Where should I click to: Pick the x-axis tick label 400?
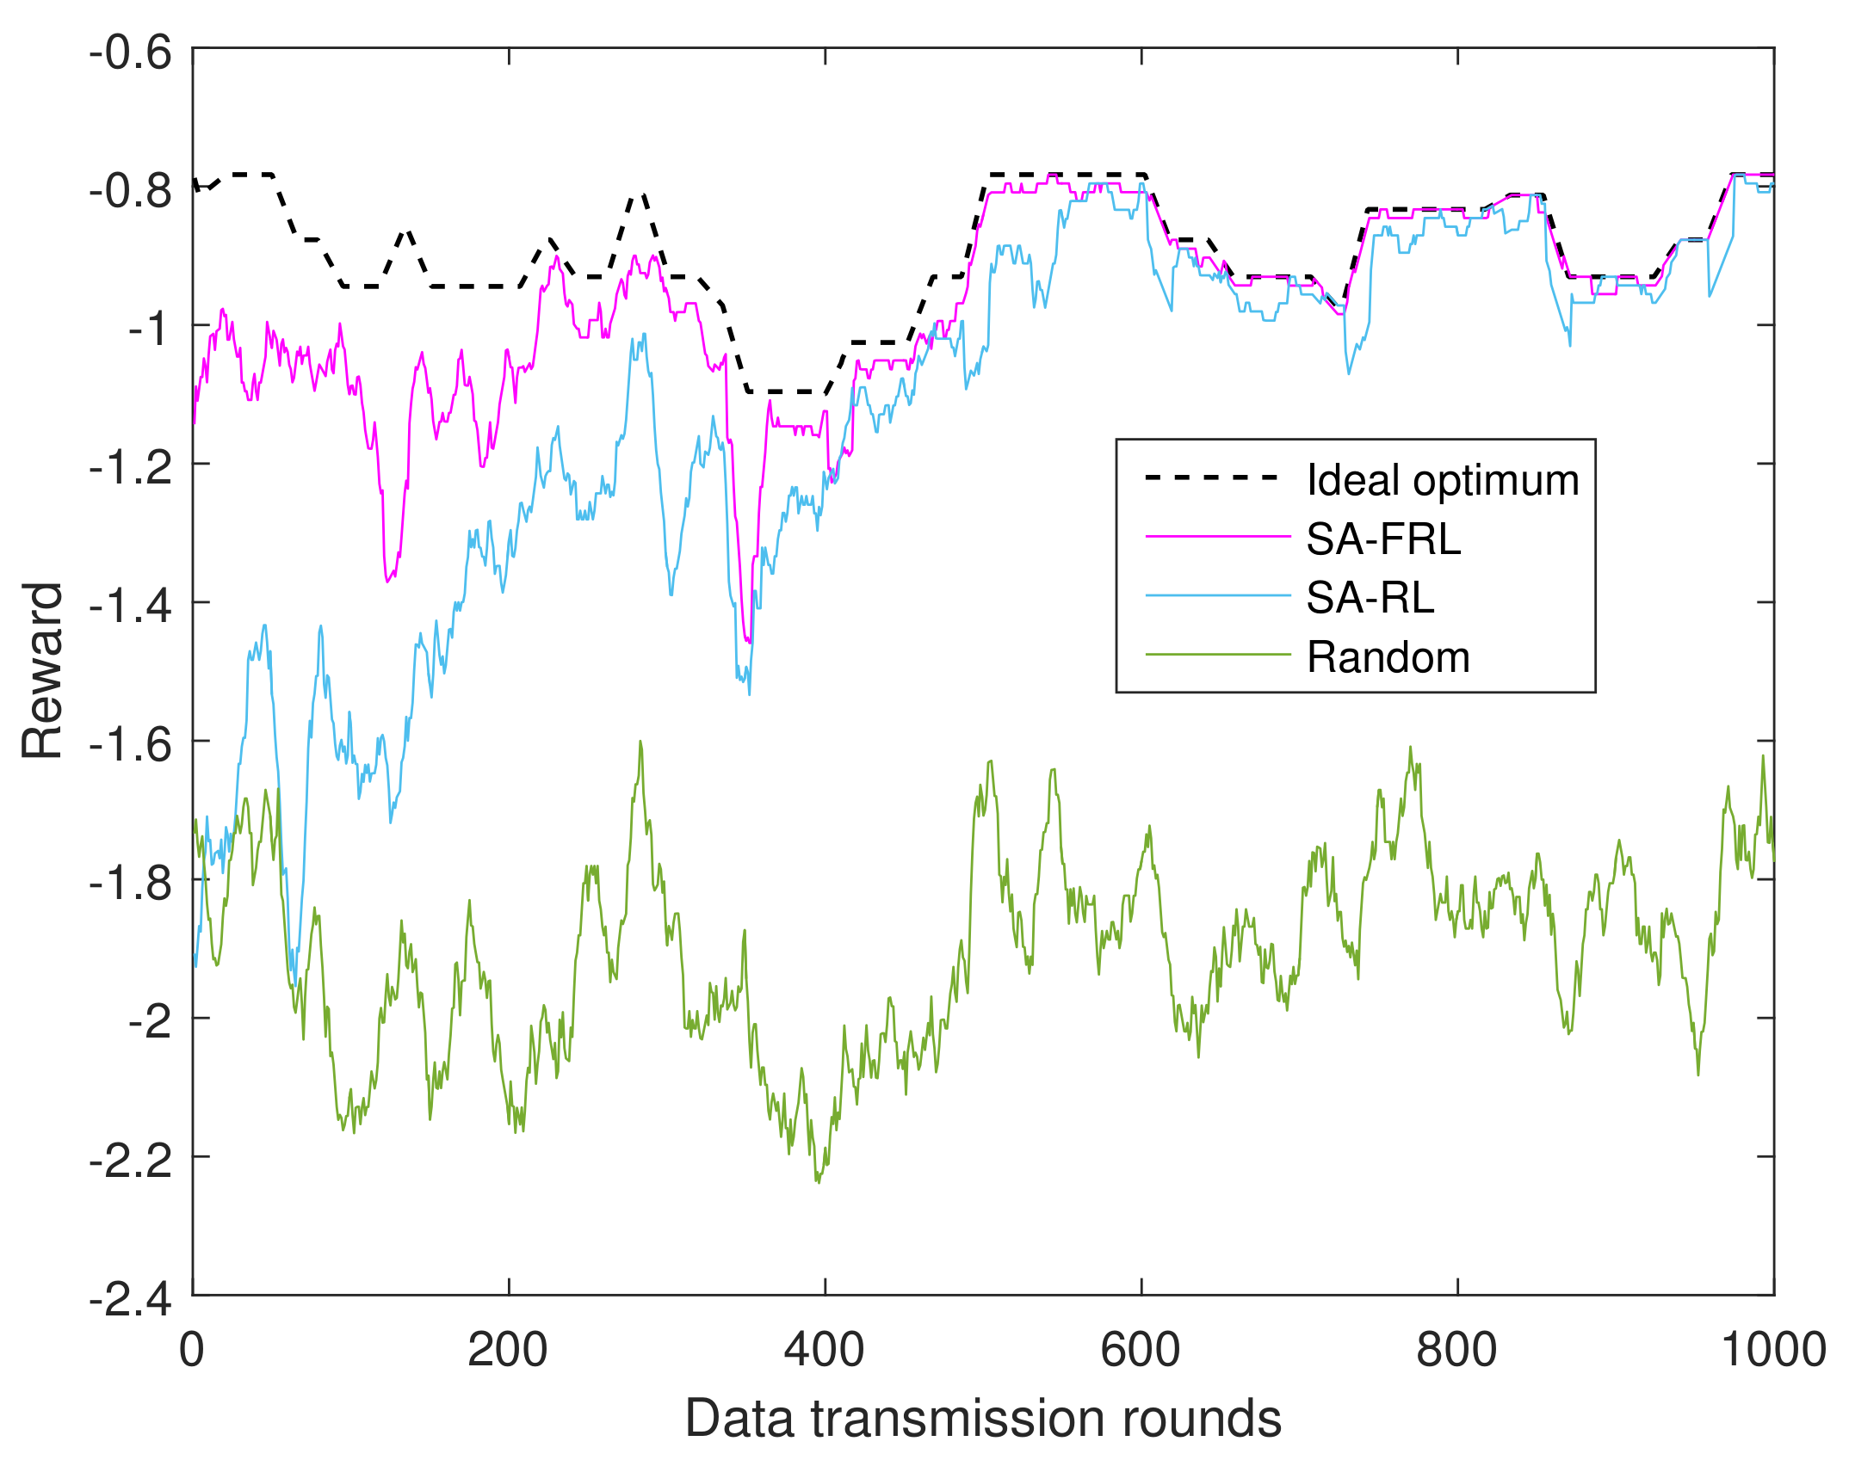824,1350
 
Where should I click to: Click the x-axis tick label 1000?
1772,1350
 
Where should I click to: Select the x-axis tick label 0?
192,1350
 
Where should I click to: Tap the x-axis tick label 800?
1456,1350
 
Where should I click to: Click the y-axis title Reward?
43,671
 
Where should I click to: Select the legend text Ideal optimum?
1443,480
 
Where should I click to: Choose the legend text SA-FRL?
1383,539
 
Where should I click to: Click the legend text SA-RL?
1370,598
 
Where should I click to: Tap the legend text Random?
1388,657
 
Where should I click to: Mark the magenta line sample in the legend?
1217,537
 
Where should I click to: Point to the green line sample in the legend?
1217,655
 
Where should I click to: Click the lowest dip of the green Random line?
818,1182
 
